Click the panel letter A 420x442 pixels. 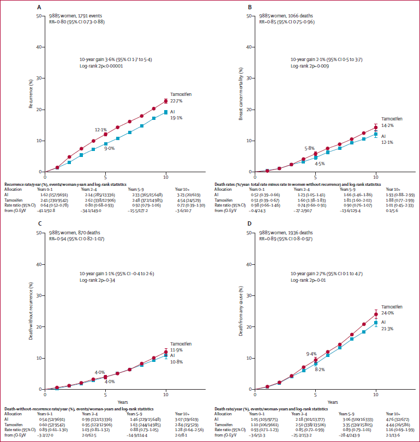click(x=38, y=8)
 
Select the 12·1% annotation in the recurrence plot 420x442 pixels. click(x=100, y=130)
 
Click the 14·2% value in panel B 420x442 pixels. click(x=387, y=125)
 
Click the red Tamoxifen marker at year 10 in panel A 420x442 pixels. click(x=166, y=101)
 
